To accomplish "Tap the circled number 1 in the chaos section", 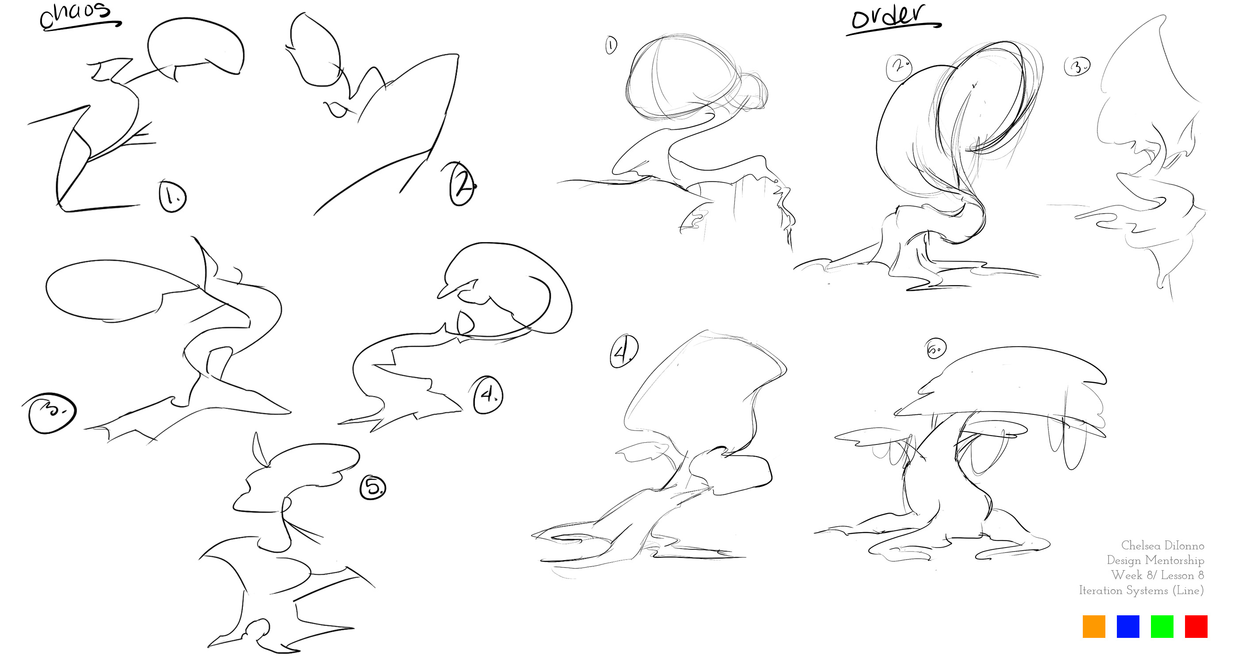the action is click(x=173, y=196).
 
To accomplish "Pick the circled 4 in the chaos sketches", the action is click(x=488, y=395).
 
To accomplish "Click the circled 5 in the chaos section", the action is click(x=373, y=487).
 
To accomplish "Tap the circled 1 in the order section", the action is click(x=611, y=46).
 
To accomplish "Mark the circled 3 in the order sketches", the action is click(x=1077, y=67).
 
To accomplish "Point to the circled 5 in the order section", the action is click(x=936, y=349).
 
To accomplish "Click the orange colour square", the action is click(x=1094, y=626).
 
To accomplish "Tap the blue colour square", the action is click(x=1128, y=626).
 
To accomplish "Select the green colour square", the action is click(x=1162, y=626).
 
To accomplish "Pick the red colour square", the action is click(x=1196, y=626).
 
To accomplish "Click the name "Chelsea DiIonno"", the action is click(x=1162, y=546).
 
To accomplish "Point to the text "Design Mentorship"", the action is click(x=1155, y=560).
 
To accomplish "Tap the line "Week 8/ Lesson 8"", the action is click(x=1157, y=575).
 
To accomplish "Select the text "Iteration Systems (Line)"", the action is click(x=1141, y=591).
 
